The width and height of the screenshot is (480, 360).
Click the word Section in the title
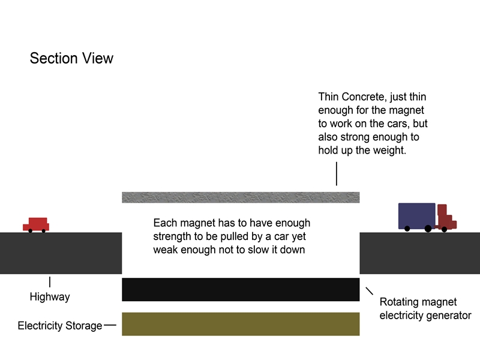click(x=52, y=58)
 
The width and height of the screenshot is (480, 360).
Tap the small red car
click(x=37, y=224)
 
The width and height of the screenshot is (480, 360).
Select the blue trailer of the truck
click(x=416, y=215)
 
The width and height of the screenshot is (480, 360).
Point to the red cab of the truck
click(x=445, y=219)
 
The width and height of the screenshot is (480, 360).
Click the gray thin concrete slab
click(x=240, y=197)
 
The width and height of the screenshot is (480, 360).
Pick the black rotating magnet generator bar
click(x=240, y=289)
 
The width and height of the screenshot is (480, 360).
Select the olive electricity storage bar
click(x=240, y=324)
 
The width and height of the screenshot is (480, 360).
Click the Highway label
click(x=50, y=296)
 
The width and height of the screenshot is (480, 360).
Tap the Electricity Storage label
click(x=60, y=326)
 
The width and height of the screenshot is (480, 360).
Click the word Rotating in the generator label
click(x=399, y=302)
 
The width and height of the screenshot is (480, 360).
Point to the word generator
click(x=449, y=315)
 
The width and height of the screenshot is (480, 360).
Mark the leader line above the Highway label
click(x=50, y=281)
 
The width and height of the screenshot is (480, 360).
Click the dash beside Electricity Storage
click(x=110, y=325)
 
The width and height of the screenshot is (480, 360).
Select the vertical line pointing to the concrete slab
click(x=336, y=173)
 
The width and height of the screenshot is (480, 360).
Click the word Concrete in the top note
click(x=364, y=97)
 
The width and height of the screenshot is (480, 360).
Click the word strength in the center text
click(x=172, y=236)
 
